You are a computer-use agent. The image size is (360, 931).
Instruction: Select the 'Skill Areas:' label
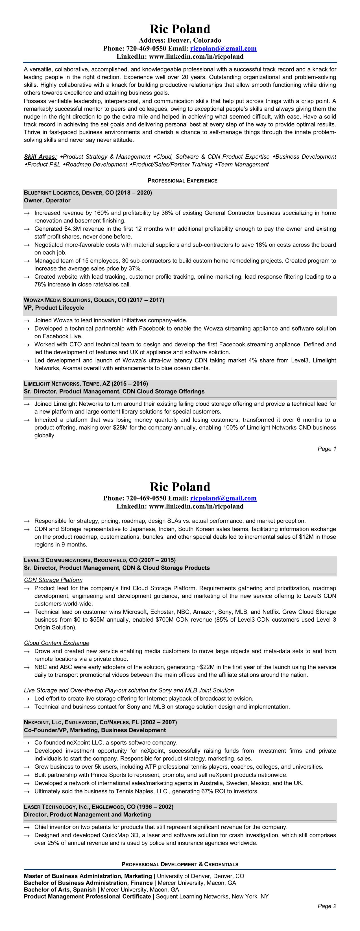point(40,156)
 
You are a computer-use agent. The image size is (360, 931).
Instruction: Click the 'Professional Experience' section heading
point(182,180)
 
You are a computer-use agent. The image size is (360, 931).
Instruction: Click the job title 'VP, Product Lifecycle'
point(54,308)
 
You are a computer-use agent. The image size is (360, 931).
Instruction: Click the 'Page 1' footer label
point(327,449)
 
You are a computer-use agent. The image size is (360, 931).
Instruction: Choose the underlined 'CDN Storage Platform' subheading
point(53,580)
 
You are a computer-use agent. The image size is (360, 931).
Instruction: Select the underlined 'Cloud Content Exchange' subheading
point(56,642)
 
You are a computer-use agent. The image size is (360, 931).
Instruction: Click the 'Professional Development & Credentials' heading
point(180,864)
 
